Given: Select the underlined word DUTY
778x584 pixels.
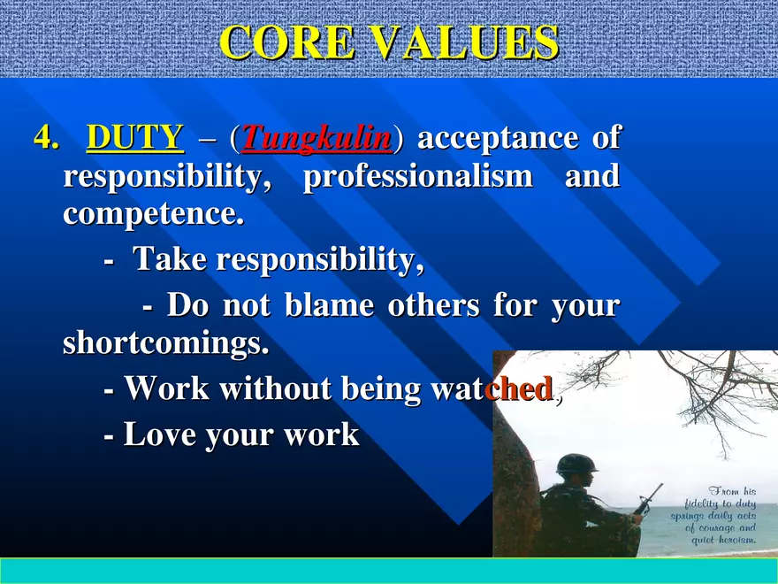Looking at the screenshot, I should [135, 138].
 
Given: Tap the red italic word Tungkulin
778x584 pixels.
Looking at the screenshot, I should [316, 138].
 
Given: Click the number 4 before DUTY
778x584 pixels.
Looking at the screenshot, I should [44, 139].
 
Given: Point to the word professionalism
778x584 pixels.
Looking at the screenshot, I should [417, 177].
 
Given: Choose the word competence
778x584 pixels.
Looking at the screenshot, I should [152, 214].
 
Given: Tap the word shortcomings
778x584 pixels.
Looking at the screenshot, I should [165, 343].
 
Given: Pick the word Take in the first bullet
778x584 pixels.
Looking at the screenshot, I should [169, 260].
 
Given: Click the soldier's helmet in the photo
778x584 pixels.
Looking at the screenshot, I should [576, 465].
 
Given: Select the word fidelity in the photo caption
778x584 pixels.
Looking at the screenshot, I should [705, 503].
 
